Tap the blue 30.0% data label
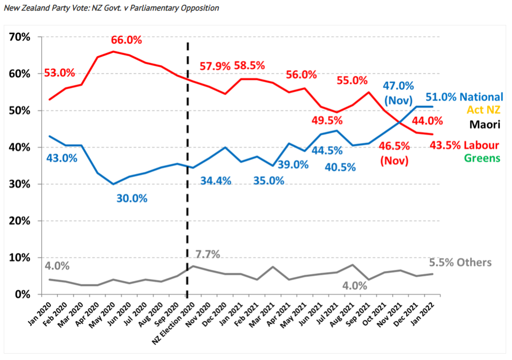pos(131,198)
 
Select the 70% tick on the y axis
pos(19,37)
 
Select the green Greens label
pos(483,158)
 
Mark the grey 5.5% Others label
pos(460,262)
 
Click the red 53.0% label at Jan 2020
pos(60,73)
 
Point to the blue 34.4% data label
pos(216,181)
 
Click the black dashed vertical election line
pos(187,159)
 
